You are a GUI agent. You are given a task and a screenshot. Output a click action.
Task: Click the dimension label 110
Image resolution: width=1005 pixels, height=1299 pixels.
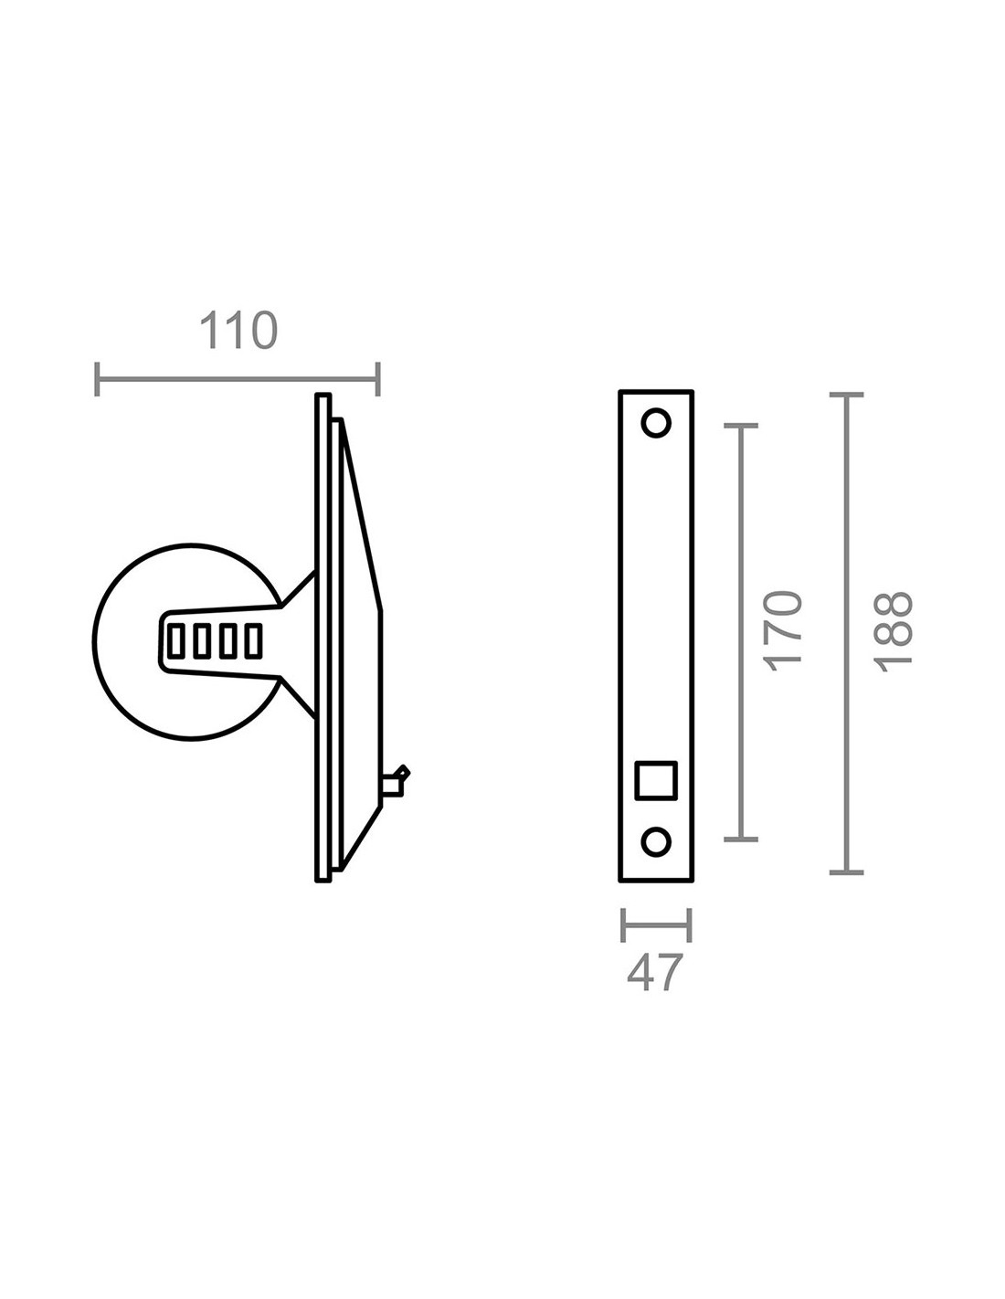[238, 330]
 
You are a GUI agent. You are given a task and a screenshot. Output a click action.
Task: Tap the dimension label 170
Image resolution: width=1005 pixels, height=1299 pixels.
[784, 632]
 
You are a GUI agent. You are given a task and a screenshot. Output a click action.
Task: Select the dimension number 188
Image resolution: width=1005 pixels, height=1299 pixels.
[893, 632]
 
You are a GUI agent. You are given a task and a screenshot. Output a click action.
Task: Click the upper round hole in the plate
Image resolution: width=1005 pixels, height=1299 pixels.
[656, 423]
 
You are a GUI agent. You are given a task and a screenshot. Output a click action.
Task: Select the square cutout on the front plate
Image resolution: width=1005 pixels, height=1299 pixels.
[656, 780]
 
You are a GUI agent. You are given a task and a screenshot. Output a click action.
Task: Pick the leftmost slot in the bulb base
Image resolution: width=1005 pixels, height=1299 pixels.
[175, 641]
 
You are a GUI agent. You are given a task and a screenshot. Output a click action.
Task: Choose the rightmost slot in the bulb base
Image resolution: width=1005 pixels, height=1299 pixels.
[253, 641]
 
